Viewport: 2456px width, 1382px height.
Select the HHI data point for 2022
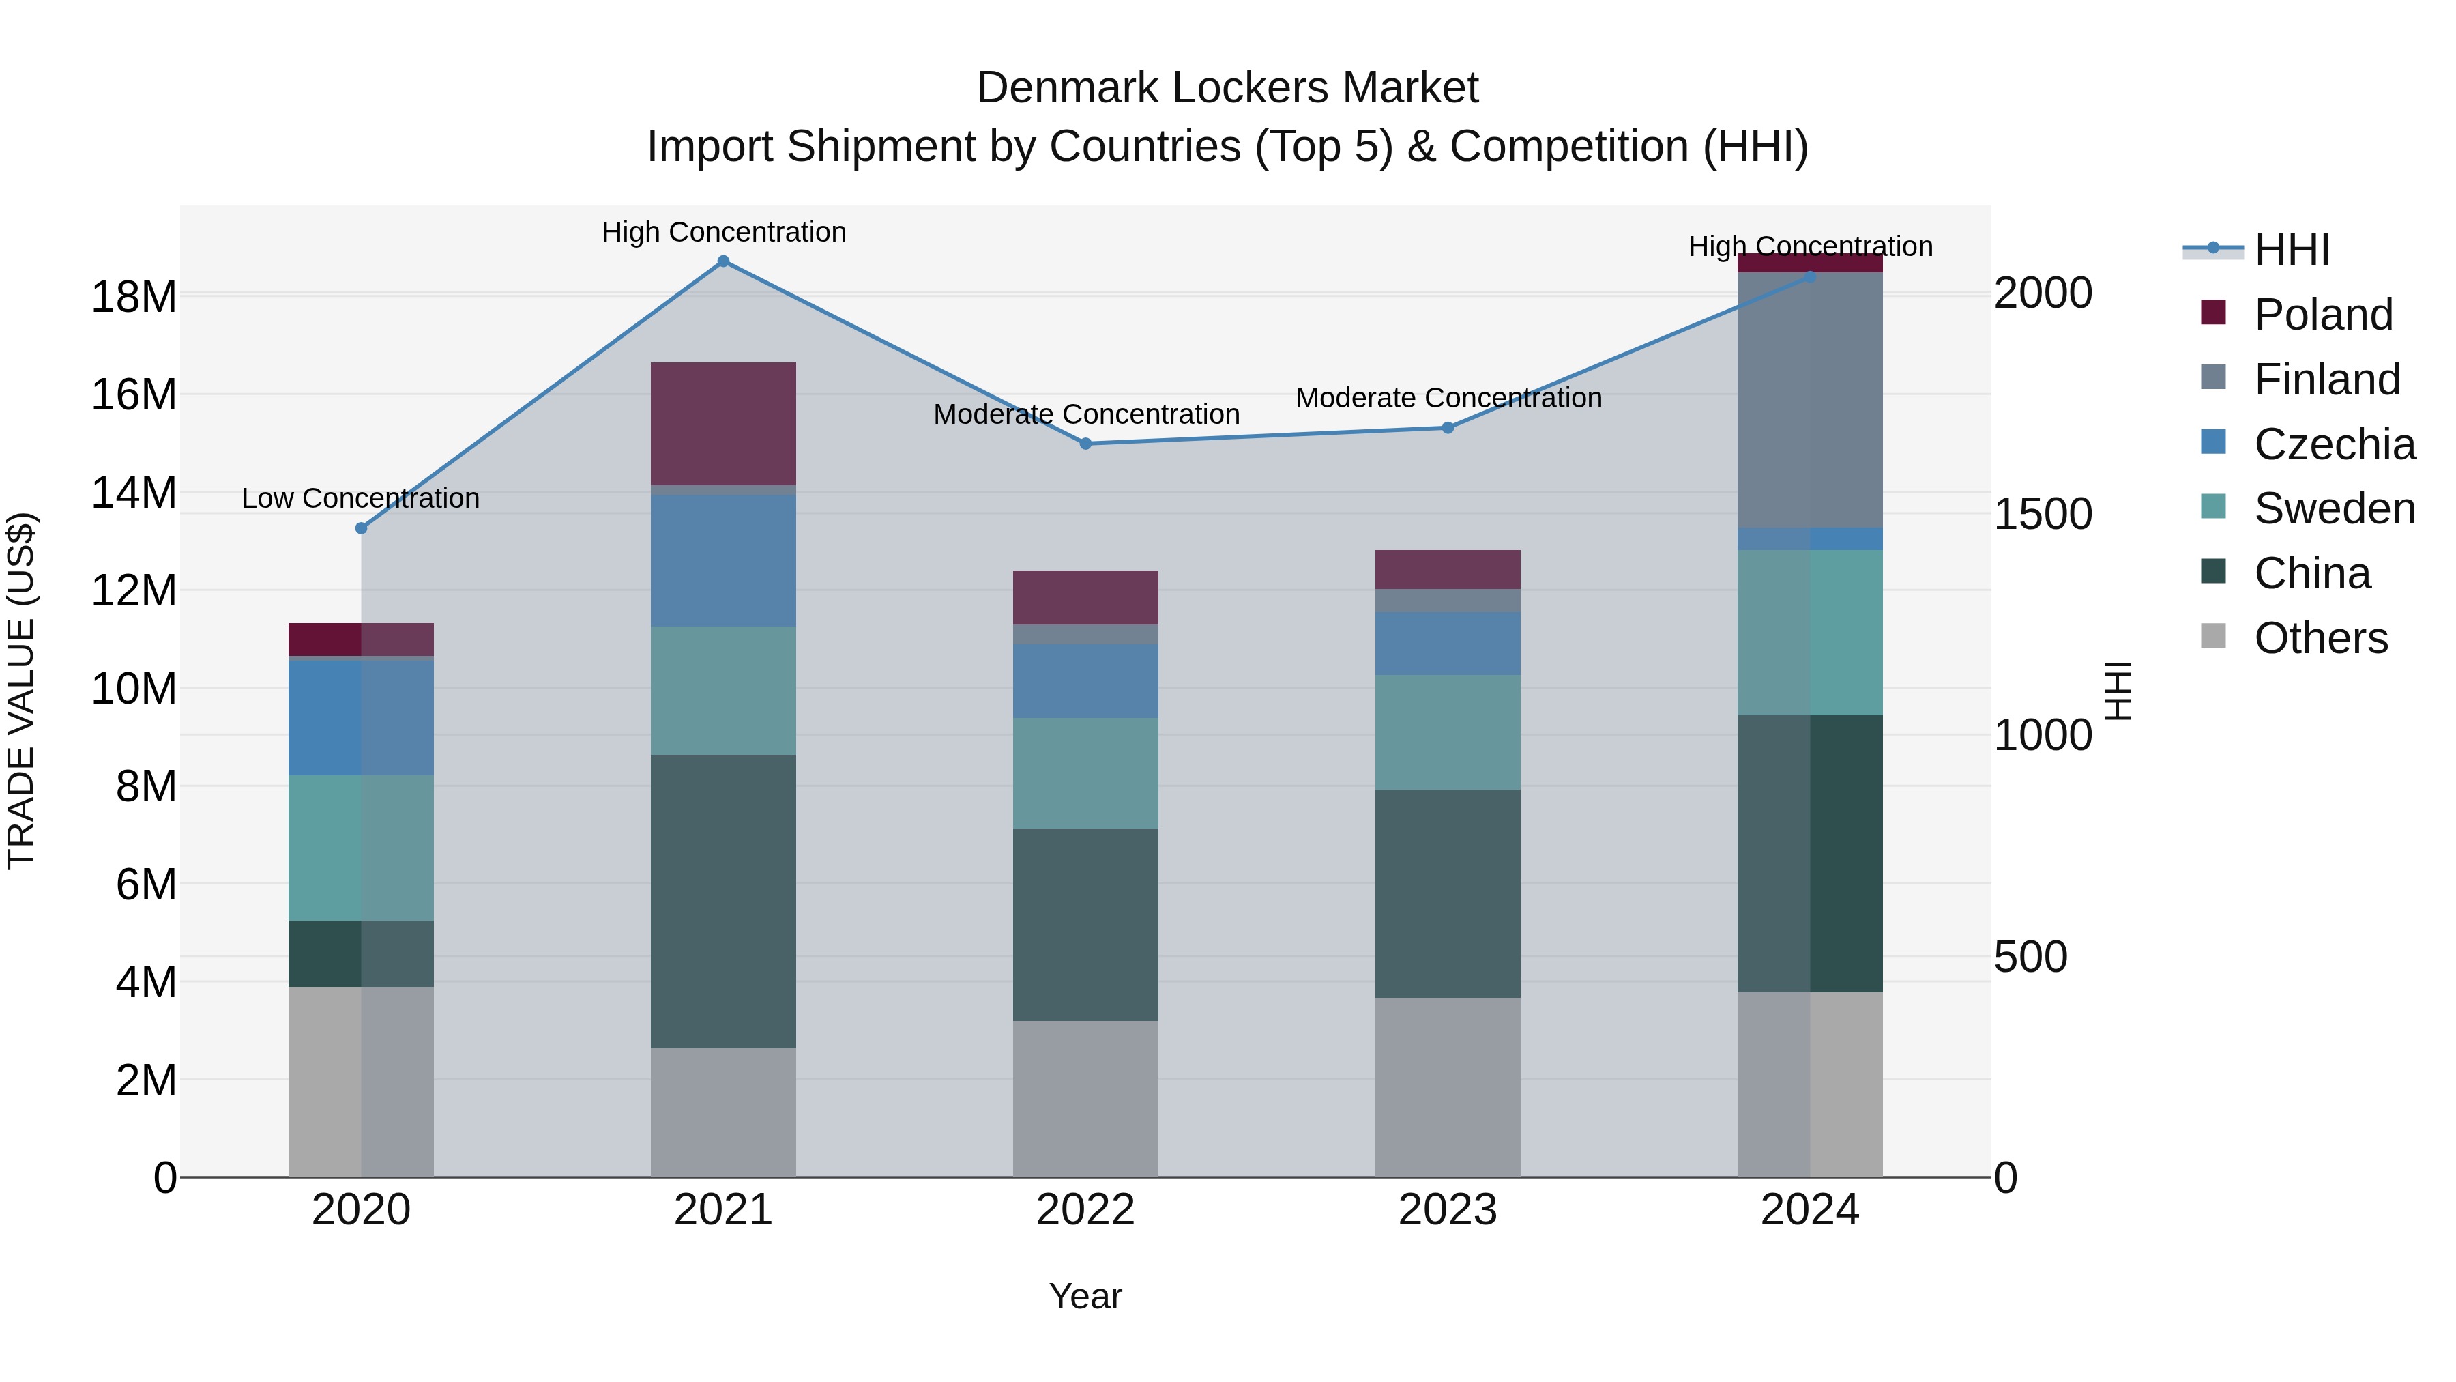pyautogui.click(x=1085, y=444)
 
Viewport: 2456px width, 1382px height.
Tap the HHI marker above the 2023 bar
pyautogui.click(x=1447, y=428)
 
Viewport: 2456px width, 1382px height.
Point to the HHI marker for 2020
pyautogui.click(x=360, y=528)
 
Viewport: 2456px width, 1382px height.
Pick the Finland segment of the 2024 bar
pyautogui.click(x=1809, y=401)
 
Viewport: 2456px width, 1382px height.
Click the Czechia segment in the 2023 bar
pyautogui.click(x=1447, y=644)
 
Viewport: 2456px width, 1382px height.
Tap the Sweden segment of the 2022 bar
pyautogui.click(x=1085, y=773)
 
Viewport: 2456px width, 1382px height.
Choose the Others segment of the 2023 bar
pyautogui.click(x=1447, y=1087)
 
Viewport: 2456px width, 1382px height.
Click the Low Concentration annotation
pyautogui.click(x=360, y=499)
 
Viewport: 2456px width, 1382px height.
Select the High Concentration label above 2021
pyautogui.click(x=724, y=233)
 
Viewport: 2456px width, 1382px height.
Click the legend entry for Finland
pyautogui.click(x=2326, y=379)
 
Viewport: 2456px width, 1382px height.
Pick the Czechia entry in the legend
pyautogui.click(x=2334, y=444)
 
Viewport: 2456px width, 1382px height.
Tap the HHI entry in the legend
pyautogui.click(x=2291, y=250)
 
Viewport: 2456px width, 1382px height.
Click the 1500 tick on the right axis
pyautogui.click(x=2042, y=514)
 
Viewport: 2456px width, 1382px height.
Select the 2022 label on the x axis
pyautogui.click(x=1085, y=1210)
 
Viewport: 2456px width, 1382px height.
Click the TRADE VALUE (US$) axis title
pyautogui.click(x=21, y=691)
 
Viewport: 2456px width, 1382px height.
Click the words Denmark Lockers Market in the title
pyautogui.click(x=1227, y=88)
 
